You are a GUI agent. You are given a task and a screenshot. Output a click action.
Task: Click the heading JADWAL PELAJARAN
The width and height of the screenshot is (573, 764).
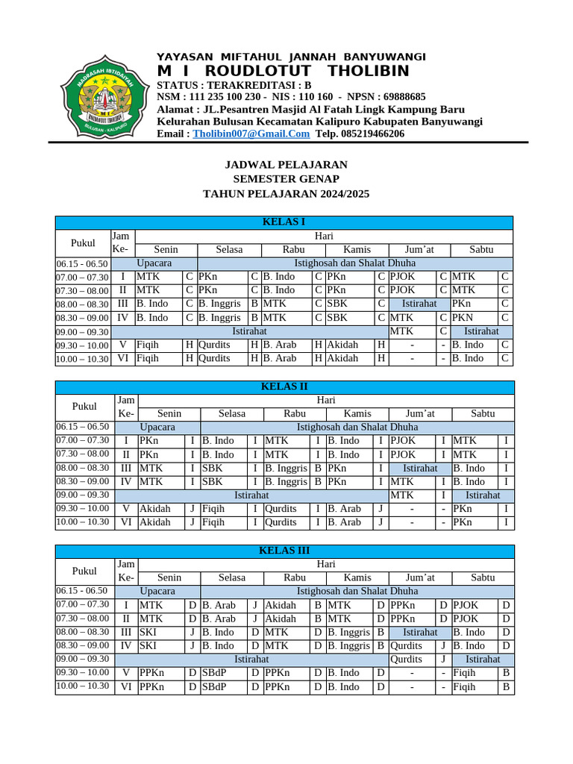click(x=286, y=164)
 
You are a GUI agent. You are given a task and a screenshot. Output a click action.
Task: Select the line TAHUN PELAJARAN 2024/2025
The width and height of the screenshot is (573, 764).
click(x=286, y=194)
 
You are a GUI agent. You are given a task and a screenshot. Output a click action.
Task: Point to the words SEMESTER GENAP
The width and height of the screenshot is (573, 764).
click(x=286, y=179)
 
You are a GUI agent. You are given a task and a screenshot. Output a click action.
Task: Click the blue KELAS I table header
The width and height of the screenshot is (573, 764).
click(x=284, y=222)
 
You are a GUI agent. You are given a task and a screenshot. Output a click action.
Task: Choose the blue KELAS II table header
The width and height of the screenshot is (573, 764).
click(x=284, y=386)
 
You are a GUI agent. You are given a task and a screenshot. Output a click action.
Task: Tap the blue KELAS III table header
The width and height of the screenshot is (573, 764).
click(x=284, y=551)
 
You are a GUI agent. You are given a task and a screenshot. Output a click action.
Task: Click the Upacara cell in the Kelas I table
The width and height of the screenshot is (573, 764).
click(x=154, y=263)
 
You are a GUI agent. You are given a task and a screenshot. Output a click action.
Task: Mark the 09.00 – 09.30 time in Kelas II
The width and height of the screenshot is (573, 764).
click(x=84, y=495)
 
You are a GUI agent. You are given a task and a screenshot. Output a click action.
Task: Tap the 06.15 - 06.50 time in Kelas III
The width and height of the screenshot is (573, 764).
click(x=84, y=591)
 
